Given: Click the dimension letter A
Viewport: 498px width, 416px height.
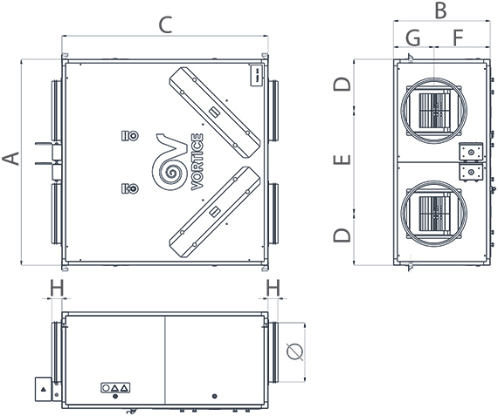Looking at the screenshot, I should pyautogui.click(x=10, y=160).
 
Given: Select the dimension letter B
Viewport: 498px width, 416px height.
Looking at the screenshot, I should pyautogui.click(x=440, y=11).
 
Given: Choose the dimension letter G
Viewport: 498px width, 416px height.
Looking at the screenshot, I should pyautogui.click(x=413, y=38).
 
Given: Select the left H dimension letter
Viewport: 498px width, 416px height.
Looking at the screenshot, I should pyautogui.click(x=57, y=287).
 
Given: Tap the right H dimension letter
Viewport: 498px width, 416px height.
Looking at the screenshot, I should pyautogui.click(x=273, y=287).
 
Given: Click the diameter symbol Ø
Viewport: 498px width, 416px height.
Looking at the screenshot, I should pyautogui.click(x=294, y=351).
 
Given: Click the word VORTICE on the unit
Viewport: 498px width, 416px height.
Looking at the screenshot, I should pyautogui.click(x=197, y=161).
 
